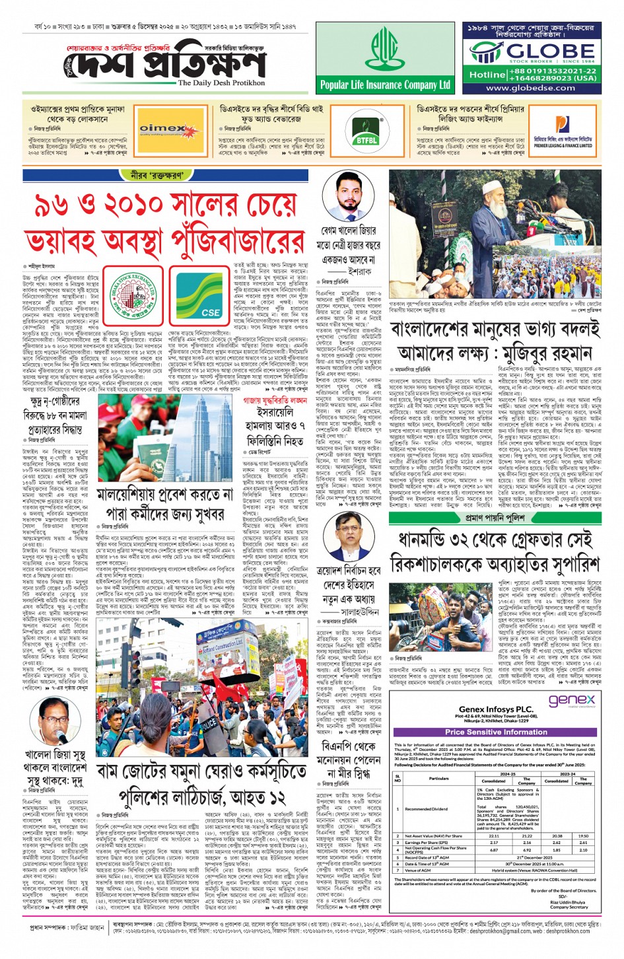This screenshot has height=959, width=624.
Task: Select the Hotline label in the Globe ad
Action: [x=487, y=75]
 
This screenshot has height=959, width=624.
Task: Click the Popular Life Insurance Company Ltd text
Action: [x=385, y=85]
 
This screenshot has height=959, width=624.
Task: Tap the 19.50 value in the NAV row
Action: [x=583, y=835]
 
